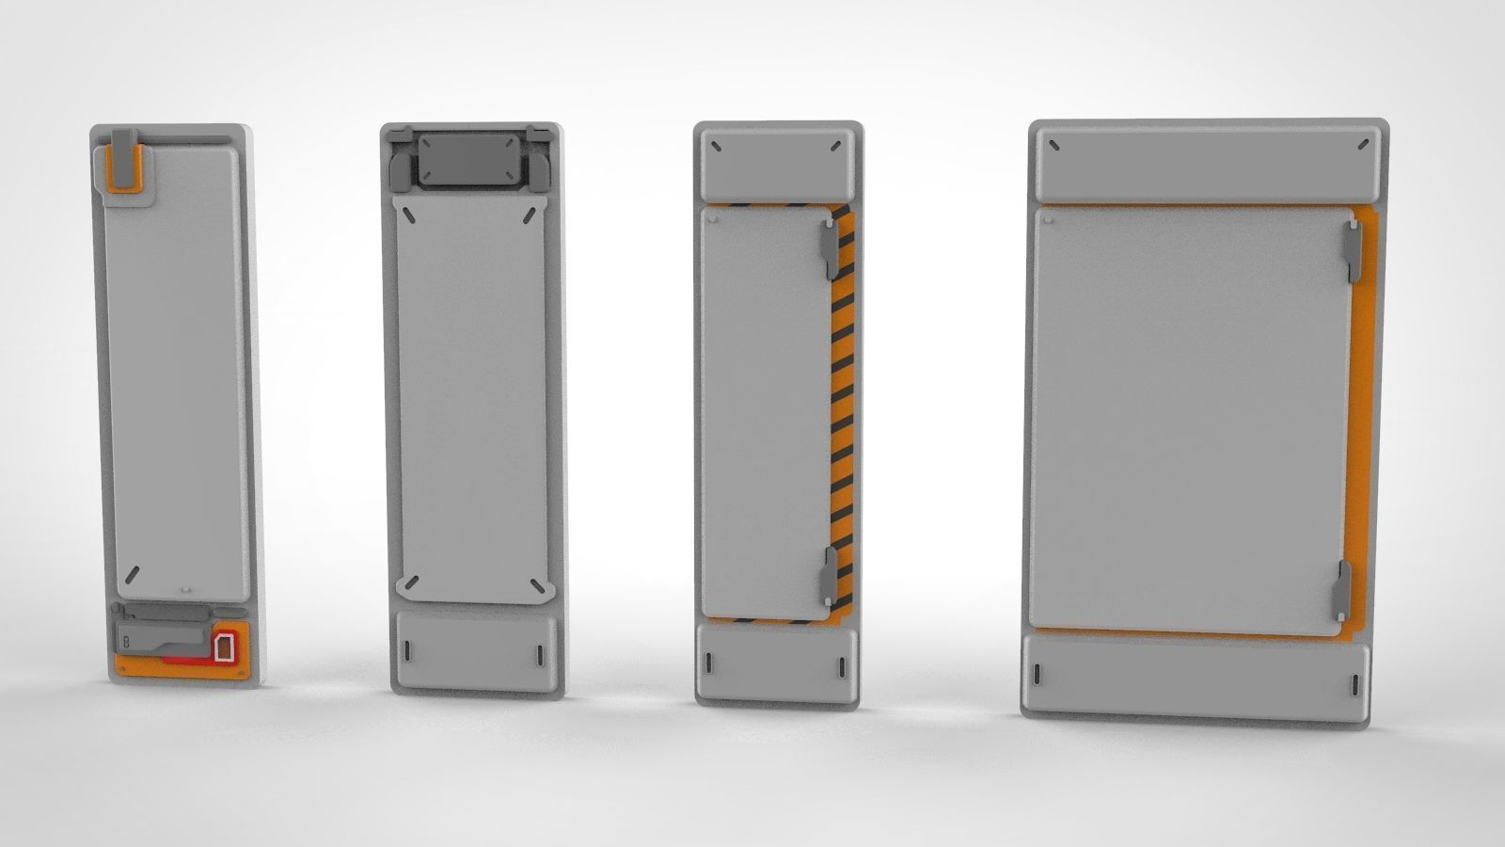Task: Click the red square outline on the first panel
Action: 224,647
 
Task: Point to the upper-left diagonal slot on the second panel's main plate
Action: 410,216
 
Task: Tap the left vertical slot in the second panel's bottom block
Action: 407,651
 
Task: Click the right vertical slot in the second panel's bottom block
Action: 540,653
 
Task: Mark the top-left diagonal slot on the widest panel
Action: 1054,145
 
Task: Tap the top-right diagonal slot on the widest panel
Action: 1364,144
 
